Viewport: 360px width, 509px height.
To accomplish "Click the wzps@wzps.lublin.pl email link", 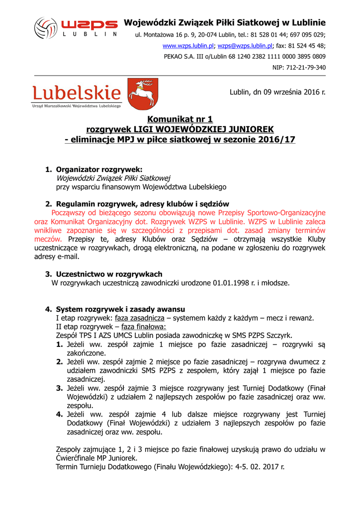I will click(x=245, y=46).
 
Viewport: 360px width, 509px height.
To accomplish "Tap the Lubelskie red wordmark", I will click(x=77, y=93).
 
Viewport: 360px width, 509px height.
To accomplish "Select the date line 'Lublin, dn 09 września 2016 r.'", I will click(x=277, y=92).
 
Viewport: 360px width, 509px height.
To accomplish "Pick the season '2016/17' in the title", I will click(x=274, y=140).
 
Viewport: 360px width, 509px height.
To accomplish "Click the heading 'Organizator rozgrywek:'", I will click(x=99, y=170).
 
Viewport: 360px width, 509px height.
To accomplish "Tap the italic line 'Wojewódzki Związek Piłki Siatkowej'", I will click(x=113, y=178).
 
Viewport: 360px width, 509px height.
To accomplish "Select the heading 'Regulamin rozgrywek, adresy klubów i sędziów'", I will click(x=142, y=204).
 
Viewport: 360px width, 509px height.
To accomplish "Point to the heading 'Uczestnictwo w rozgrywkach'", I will click(x=109, y=274).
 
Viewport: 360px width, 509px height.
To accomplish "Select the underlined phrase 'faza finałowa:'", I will click(x=144, y=327).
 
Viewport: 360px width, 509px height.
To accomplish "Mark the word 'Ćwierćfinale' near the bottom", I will click(x=78, y=458).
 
